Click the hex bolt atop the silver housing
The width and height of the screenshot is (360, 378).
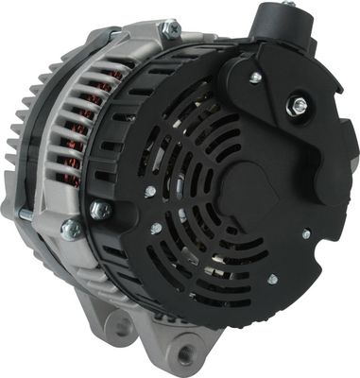[x=170, y=30]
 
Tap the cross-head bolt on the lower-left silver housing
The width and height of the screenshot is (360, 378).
[x=71, y=228]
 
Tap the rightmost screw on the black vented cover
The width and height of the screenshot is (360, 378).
[x=305, y=233]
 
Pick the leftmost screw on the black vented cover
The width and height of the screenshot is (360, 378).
[x=149, y=191]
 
